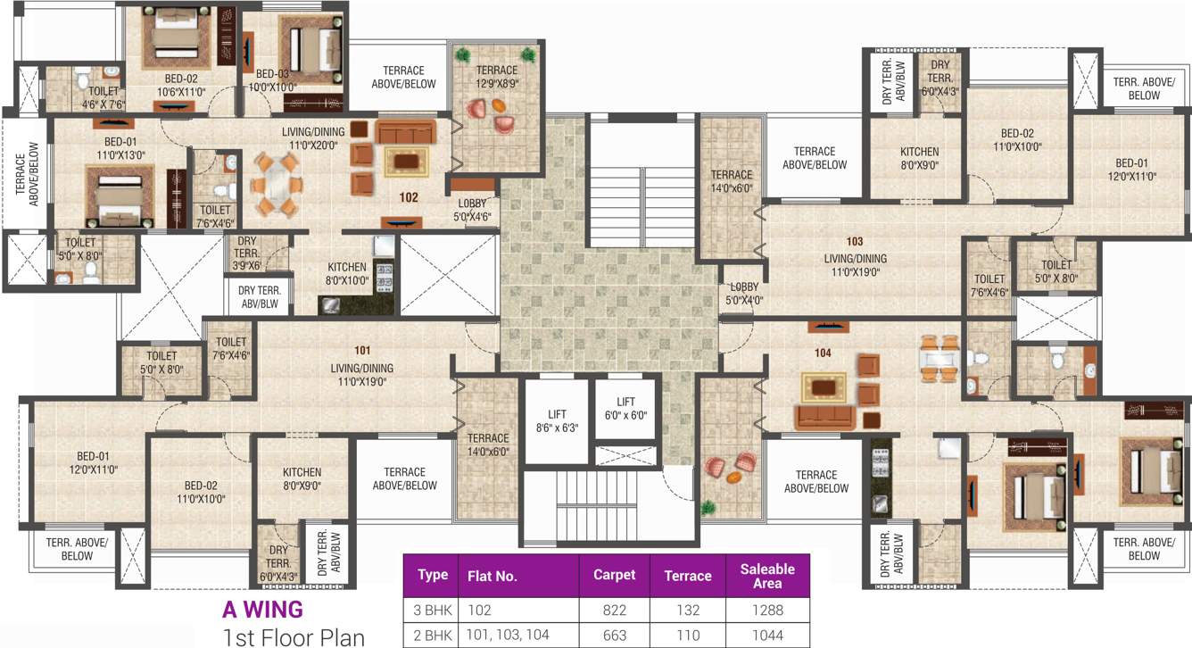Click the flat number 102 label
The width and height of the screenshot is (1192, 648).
[409, 196]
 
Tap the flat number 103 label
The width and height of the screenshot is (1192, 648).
[855, 242]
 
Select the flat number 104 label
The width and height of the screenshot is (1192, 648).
[823, 353]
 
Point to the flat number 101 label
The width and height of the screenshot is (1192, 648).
[361, 351]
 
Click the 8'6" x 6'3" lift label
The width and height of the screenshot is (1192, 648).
[558, 420]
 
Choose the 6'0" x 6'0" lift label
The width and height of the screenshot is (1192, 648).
[625, 409]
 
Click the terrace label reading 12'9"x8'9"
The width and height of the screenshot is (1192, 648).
[496, 77]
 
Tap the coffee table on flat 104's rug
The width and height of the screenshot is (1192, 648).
[823, 387]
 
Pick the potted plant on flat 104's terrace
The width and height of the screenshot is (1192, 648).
[708, 507]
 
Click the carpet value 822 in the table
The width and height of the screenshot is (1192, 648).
[614, 611]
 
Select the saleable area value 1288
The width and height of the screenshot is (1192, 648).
[766, 611]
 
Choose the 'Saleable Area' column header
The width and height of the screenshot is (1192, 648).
[766, 576]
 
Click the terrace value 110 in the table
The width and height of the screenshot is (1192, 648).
[687, 636]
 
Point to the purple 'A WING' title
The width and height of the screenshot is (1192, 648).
[262, 610]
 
